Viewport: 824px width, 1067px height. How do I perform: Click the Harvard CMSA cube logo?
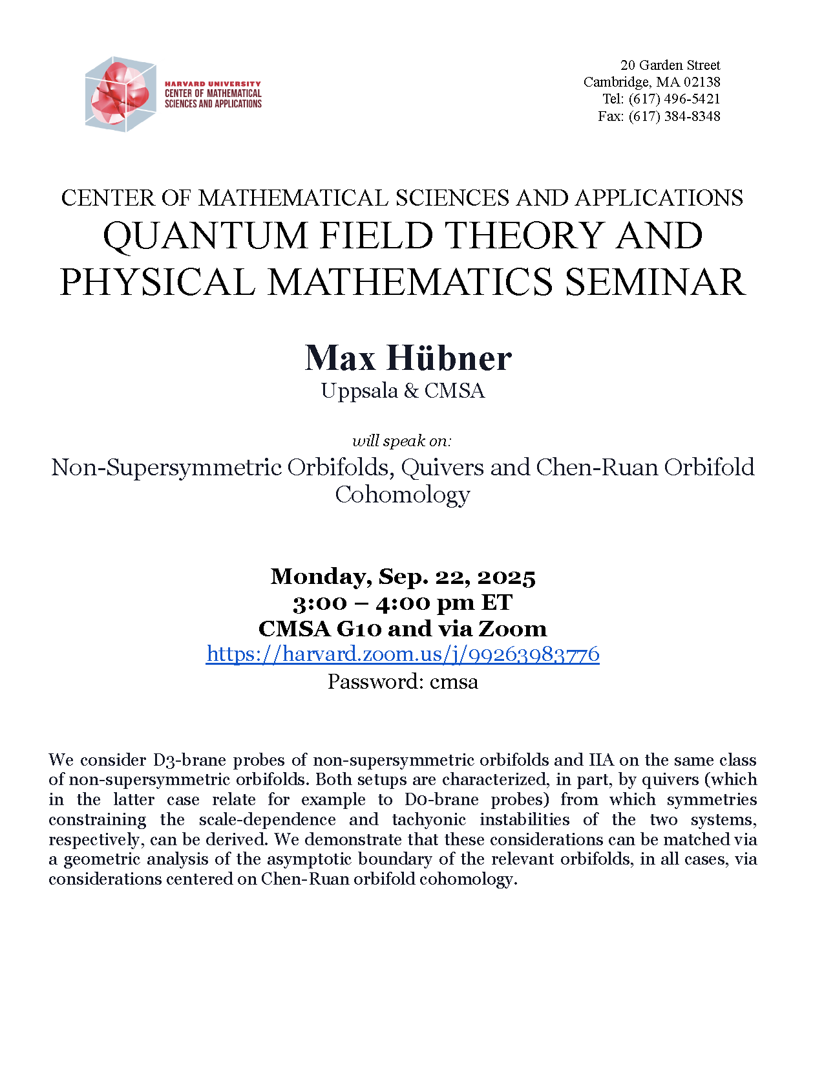(120, 94)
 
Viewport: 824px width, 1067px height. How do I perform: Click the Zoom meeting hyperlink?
(403, 654)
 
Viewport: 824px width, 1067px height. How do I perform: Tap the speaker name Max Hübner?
(408, 358)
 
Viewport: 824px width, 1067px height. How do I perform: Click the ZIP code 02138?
(701, 82)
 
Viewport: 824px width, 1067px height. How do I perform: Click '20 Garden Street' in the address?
(670, 65)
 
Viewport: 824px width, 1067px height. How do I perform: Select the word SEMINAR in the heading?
(655, 283)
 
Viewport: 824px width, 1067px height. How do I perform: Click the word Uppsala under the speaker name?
(359, 391)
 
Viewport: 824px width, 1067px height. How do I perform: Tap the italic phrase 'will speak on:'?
(401, 441)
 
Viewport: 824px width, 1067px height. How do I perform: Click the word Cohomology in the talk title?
(402, 495)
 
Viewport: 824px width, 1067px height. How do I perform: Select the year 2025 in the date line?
(507, 577)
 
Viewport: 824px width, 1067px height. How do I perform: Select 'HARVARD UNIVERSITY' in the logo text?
(213, 84)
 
